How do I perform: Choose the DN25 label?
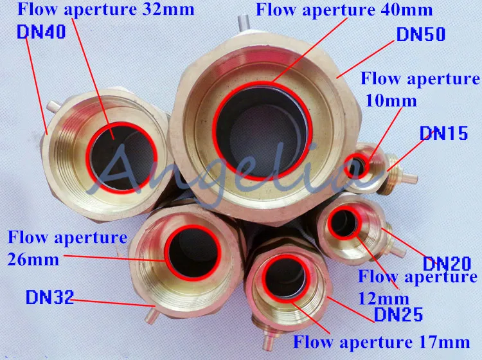pyautogui.click(x=399, y=314)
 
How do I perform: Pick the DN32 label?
pyautogui.click(x=49, y=298)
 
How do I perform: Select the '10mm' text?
pyautogui.click(x=391, y=100)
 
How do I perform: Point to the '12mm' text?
pyautogui.click(x=384, y=298)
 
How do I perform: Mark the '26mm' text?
pyautogui.click(x=33, y=259)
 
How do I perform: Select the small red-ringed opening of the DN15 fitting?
pyautogui.click(x=357, y=166)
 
